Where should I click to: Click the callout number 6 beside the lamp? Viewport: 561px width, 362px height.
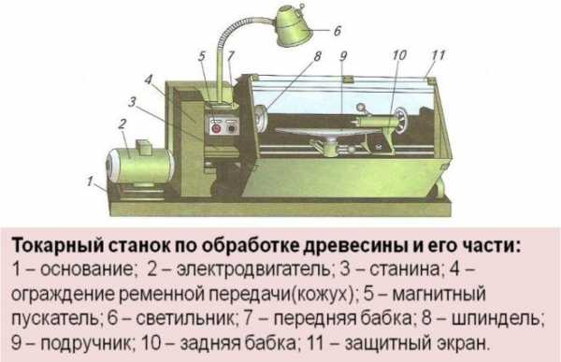pyautogui.click(x=338, y=31)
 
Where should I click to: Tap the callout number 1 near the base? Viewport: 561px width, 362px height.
pyautogui.click(x=90, y=181)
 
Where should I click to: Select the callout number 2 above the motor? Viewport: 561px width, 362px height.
pyautogui.click(x=122, y=123)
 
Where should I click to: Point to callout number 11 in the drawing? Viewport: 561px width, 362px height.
pyautogui.click(x=439, y=55)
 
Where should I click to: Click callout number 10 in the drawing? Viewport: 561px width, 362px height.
pyautogui.click(x=399, y=55)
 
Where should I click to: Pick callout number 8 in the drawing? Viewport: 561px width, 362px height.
pyautogui.click(x=317, y=56)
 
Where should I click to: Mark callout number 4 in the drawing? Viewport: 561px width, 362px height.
pyautogui.click(x=149, y=80)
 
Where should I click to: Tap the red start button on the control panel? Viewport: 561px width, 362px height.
pyautogui.click(x=216, y=128)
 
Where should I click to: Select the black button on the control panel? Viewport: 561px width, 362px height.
pyautogui.click(x=232, y=128)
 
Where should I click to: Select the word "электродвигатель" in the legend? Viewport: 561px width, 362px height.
pyautogui.click(x=253, y=269)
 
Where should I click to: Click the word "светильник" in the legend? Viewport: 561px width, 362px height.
pyautogui.click(x=185, y=318)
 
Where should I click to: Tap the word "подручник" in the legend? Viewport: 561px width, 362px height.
pyautogui.click(x=85, y=343)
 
